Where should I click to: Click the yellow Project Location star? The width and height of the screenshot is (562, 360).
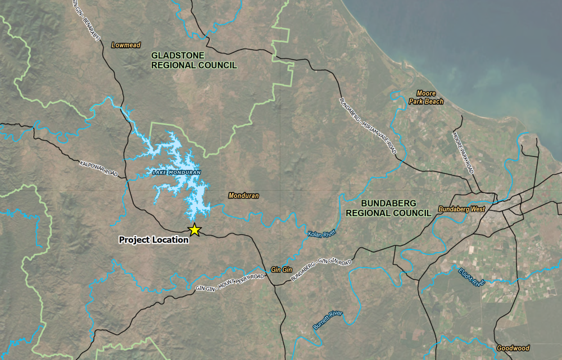[194, 229]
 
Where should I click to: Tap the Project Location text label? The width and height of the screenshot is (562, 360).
[153, 240]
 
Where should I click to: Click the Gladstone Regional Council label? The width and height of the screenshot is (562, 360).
[194, 60]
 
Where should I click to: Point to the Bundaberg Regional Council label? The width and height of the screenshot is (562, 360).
[388, 208]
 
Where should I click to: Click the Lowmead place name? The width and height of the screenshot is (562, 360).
[126, 45]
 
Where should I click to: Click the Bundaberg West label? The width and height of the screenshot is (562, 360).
[461, 209]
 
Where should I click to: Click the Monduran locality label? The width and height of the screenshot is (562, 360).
[243, 196]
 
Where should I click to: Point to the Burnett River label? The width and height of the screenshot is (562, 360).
[328, 320]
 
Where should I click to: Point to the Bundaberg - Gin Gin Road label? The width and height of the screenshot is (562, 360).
[321, 270]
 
